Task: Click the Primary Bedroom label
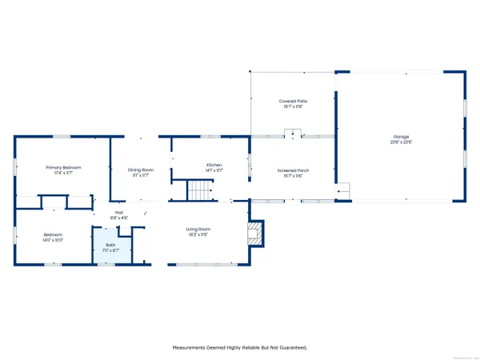pos(62,167)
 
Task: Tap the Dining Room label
pos(140,170)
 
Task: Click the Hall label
pos(118,212)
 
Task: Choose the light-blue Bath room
pos(110,247)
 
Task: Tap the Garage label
pos(400,137)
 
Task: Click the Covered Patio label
pos(293,101)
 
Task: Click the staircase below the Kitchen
pos(198,190)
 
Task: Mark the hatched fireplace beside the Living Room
pos(256,233)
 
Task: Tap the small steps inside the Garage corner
pos(343,190)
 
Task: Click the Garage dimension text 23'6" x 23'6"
pos(400,142)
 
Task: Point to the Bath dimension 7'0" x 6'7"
pos(110,250)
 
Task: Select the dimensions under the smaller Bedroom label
pos(53,240)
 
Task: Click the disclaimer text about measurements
pos(240,347)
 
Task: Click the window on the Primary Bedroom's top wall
pos(62,136)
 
